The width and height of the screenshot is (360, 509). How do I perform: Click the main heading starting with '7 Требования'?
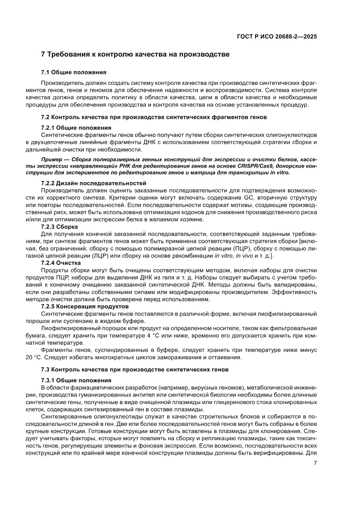click(x=135, y=55)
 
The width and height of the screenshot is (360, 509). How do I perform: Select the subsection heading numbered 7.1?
click(x=74, y=72)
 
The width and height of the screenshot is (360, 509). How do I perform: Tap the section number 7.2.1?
click(x=48, y=128)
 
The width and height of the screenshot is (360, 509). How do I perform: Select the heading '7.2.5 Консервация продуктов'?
click(x=84, y=306)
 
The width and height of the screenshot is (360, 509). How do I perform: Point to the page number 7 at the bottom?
click(x=315, y=463)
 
